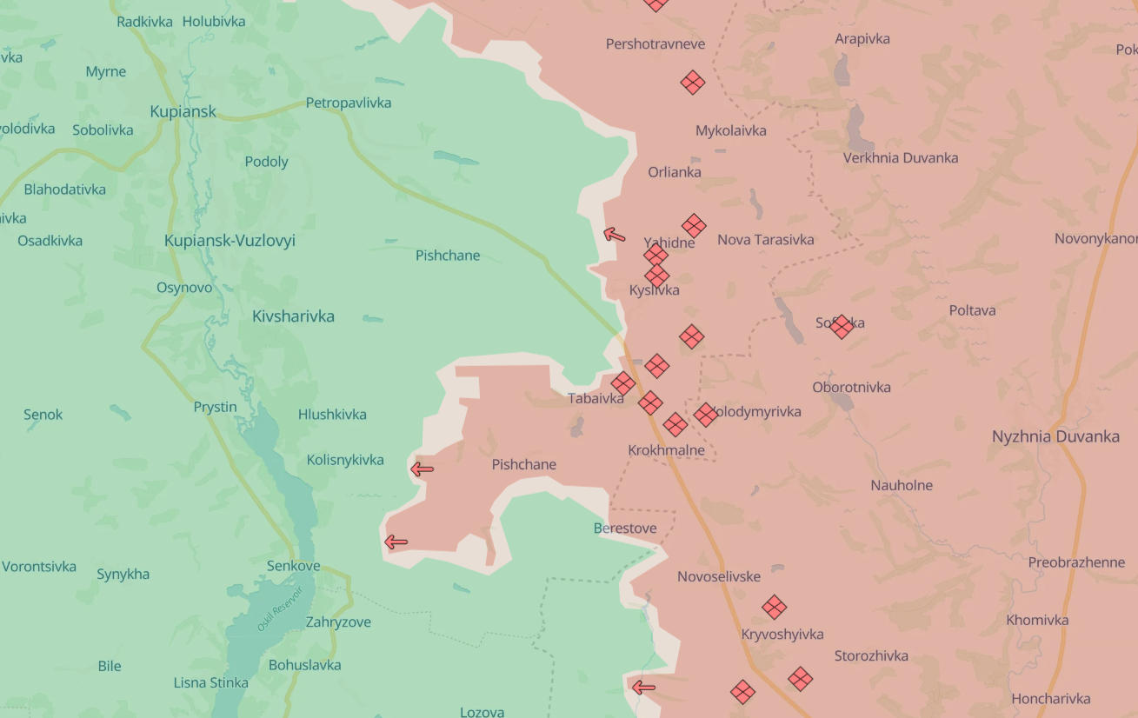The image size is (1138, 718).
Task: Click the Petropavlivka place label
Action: tap(348, 103)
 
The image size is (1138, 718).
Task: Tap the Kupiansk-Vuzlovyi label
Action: tap(230, 241)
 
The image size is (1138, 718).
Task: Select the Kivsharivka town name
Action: tap(293, 316)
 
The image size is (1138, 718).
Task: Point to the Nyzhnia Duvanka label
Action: tap(1055, 436)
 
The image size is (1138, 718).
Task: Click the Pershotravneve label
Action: tap(656, 43)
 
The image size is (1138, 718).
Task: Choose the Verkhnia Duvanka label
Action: tap(900, 157)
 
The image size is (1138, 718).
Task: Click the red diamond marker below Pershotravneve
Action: tap(693, 83)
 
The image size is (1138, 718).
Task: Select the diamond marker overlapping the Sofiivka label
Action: tap(841, 326)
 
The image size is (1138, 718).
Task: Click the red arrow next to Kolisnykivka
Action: tap(423, 469)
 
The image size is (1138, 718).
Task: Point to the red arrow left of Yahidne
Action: tap(615, 234)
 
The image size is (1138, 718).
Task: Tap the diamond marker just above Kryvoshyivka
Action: tap(774, 607)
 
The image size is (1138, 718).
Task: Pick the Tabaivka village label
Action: tap(596, 398)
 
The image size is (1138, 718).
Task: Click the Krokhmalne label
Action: tap(666, 450)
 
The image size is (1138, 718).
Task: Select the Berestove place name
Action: tap(625, 528)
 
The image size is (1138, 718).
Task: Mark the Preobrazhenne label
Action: tap(1076, 562)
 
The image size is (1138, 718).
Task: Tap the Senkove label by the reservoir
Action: tap(293, 566)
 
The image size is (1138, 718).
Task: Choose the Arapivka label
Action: tap(862, 38)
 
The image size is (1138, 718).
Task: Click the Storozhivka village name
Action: tap(871, 655)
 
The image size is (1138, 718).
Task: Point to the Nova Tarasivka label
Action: tap(765, 239)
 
